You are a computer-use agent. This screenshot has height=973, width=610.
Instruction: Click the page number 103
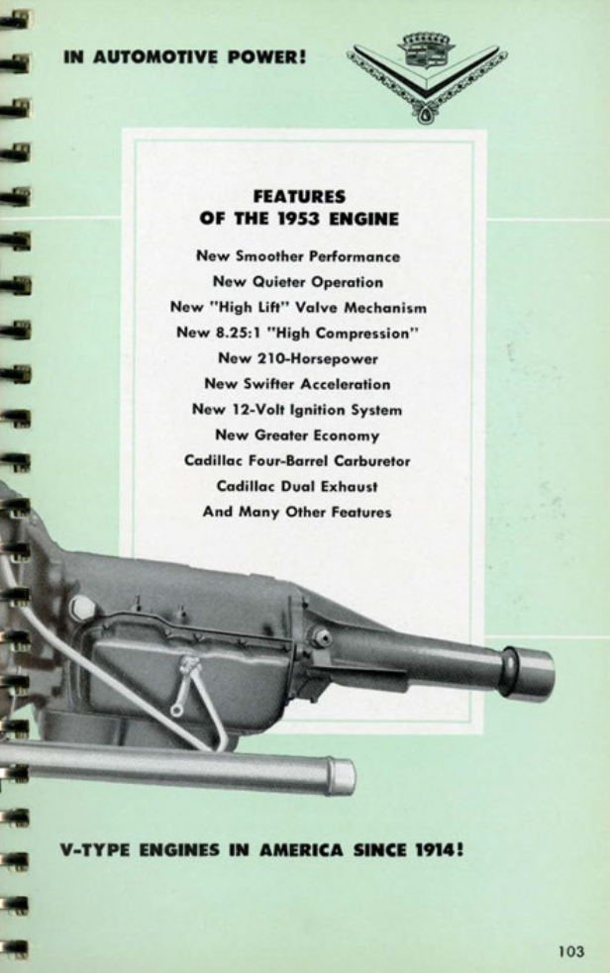point(570,951)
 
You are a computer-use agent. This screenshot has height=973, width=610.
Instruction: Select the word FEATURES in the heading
point(298,198)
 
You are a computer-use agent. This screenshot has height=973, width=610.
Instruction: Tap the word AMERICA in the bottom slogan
point(295,849)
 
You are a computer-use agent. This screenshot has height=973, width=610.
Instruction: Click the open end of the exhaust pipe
point(342,776)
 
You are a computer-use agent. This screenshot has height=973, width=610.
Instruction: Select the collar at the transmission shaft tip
point(528,673)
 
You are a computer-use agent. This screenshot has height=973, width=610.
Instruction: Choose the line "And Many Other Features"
point(297,513)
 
